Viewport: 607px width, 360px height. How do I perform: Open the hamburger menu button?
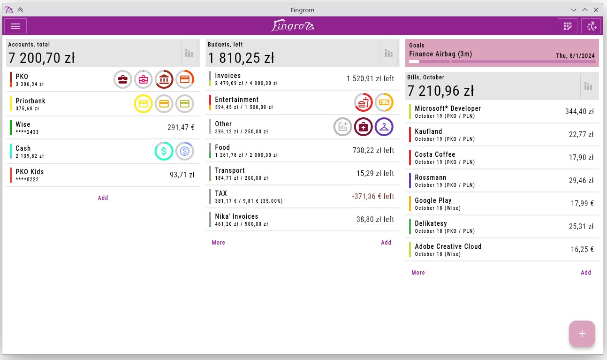(x=15, y=26)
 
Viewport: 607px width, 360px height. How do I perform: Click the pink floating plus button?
(x=582, y=334)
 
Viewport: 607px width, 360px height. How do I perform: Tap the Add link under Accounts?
(x=103, y=198)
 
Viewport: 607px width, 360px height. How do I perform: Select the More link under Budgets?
(x=219, y=243)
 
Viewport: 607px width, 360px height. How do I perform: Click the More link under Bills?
(x=418, y=273)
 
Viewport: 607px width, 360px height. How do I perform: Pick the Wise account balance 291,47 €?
(x=181, y=127)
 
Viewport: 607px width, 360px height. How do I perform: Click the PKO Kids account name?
(x=30, y=172)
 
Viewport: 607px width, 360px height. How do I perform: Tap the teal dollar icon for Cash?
(x=164, y=151)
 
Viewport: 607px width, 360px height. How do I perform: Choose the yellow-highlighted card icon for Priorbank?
(x=144, y=104)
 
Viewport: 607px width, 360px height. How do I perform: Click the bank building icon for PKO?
(x=164, y=79)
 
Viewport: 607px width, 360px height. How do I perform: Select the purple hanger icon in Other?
(x=384, y=126)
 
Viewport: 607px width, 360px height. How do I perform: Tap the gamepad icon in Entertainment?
(x=384, y=102)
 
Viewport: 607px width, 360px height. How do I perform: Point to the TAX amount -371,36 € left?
(x=373, y=196)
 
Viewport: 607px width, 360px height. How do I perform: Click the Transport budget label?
(x=230, y=170)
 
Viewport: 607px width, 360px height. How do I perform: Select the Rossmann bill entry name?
(x=431, y=177)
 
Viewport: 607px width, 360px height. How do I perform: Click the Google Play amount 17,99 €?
(x=582, y=203)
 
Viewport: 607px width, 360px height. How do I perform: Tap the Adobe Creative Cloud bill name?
(x=448, y=246)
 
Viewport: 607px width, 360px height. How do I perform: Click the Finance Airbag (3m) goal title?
(x=440, y=54)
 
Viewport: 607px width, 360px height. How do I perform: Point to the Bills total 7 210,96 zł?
(x=440, y=90)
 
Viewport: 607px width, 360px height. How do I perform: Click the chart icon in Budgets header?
(x=389, y=53)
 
